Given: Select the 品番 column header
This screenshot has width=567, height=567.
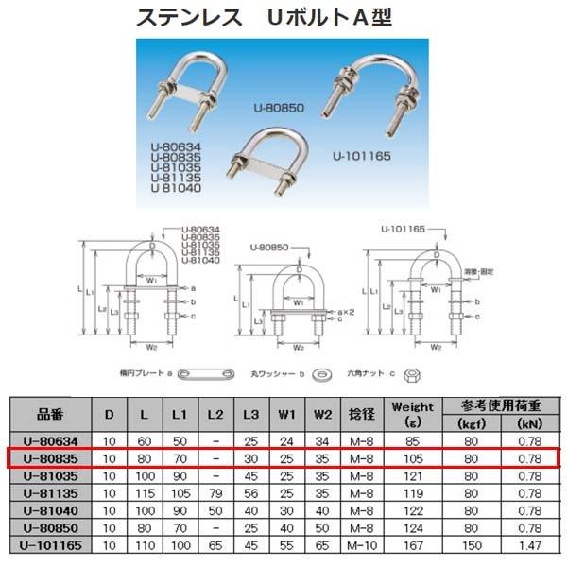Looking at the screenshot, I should (x=49, y=413).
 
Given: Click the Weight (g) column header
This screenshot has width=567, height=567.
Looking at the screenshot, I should (x=412, y=413).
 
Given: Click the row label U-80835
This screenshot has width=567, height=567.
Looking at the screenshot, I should (x=49, y=458).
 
